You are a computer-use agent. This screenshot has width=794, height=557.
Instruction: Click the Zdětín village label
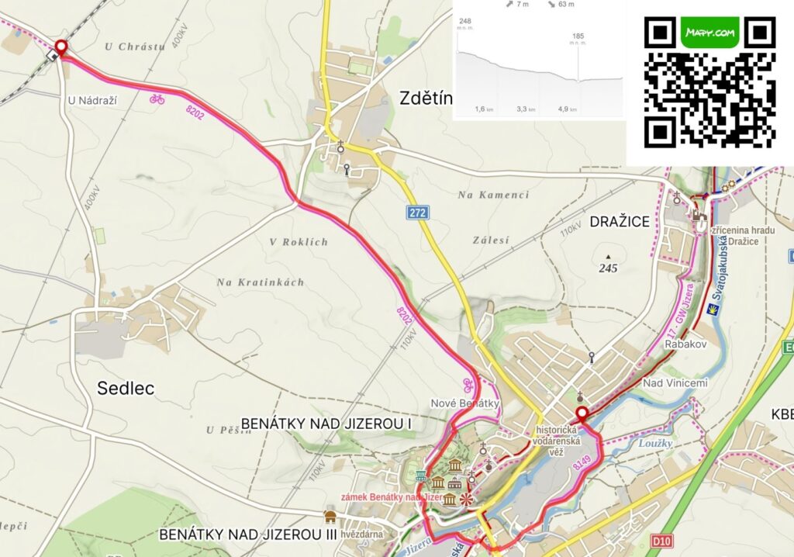(426, 98)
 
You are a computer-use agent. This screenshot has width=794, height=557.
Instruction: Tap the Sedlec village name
(126, 388)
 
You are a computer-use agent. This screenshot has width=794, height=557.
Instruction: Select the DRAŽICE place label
(620, 222)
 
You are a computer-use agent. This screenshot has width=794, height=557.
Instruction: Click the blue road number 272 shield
(416, 212)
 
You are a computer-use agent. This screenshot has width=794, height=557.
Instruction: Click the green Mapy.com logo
(709, 33)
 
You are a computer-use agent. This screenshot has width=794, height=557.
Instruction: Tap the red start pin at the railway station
(60, 48)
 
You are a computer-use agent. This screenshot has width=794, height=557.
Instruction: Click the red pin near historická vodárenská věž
(582, 414)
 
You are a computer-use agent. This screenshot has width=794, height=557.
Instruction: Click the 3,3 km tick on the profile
(526, 109)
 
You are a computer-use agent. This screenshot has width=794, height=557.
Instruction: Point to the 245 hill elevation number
(608, 268)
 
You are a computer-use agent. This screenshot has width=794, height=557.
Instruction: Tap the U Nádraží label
(97, 99)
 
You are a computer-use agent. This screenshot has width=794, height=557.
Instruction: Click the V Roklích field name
(299, 242)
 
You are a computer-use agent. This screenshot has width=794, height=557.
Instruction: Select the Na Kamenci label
(493, 195)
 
